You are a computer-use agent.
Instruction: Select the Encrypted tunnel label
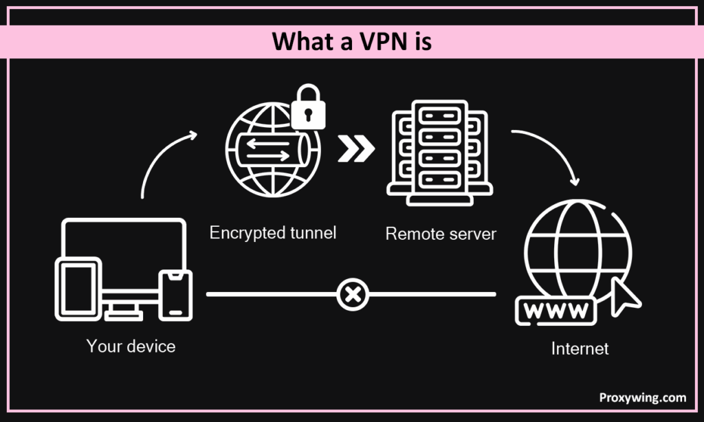[273, 232]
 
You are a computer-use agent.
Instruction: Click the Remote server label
[441, 234]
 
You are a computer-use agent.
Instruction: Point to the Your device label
[131, 346]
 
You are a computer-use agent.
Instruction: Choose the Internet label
[580, 348]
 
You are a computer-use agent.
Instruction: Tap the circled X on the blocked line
[353, 296]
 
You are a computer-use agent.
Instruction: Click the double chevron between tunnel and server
[356, 148]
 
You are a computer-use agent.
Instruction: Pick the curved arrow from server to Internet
[550, 151]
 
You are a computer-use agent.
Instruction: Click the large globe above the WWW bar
[576, 244]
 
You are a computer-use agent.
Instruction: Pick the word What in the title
[301, 41]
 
